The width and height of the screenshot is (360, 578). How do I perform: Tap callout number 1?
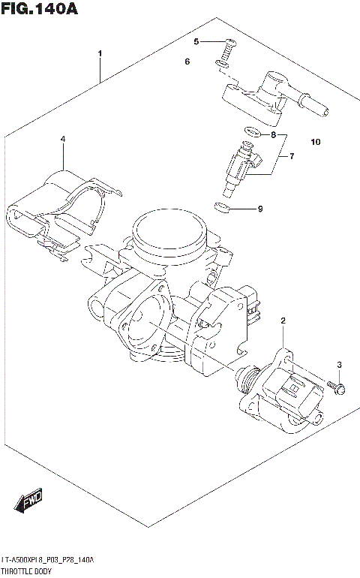click(x=100, y=53)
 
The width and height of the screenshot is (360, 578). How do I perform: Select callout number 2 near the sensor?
click(x=283, y=322)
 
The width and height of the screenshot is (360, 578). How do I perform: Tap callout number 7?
click(x=274, y=135)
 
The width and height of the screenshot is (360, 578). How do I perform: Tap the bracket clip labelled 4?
click(x=60, y=206)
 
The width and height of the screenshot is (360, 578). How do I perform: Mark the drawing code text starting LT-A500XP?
click(x=49, y=560)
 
